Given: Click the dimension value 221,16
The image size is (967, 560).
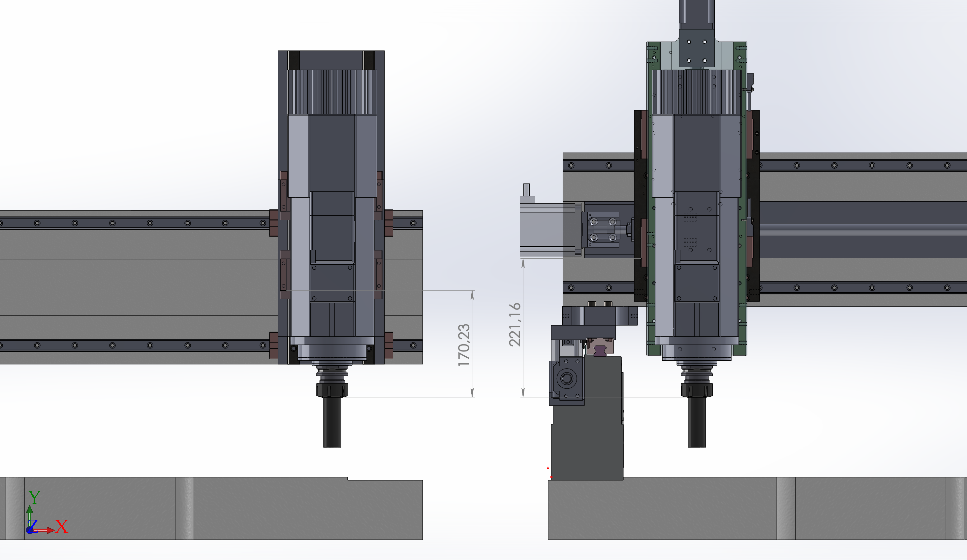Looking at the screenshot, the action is coord(515,325).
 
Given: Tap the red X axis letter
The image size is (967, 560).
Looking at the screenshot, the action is coord(61,526).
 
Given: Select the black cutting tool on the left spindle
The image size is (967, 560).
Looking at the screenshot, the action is coord(332,422).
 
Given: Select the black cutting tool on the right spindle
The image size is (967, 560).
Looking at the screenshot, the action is coord(697,422).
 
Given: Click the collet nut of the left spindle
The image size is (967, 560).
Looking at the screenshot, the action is coord(332,390).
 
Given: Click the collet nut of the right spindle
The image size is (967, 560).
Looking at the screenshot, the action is coord(697,390).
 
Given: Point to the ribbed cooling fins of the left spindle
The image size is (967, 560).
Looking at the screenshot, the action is coord(332,92).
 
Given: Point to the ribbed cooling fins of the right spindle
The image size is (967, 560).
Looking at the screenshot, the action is coord(697,92).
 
